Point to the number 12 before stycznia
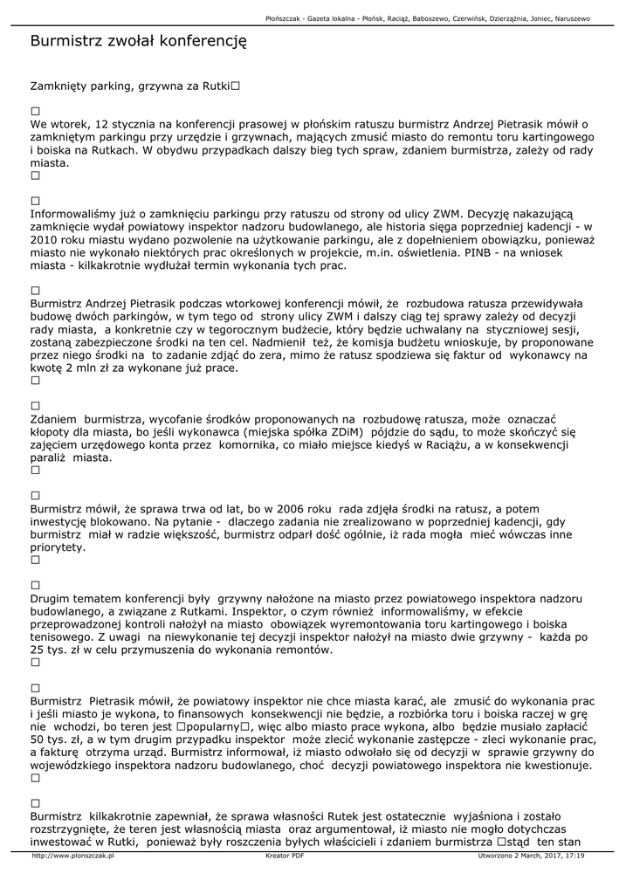pos(104,125)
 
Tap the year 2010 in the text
pos(46,239)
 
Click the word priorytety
pos(57,547)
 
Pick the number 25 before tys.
pos(39,650)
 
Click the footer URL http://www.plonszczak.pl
pos(72,856)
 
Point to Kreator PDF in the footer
pos(285,856)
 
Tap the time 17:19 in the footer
pos(575,856)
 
